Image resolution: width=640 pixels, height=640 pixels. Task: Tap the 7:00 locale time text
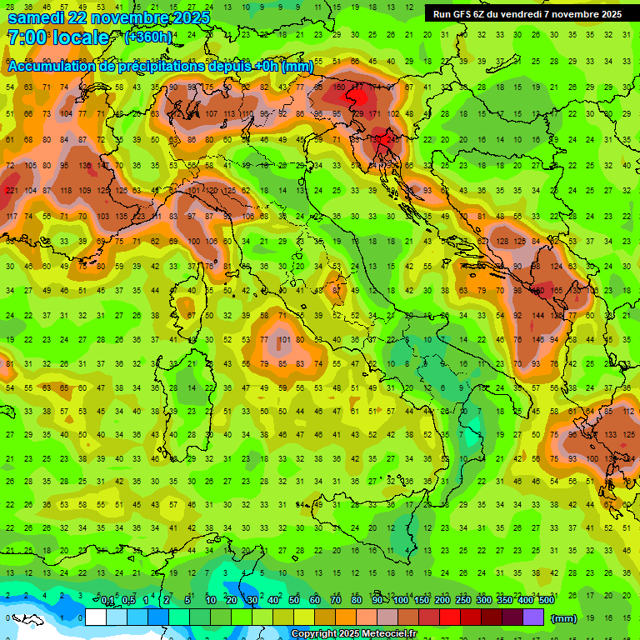57,37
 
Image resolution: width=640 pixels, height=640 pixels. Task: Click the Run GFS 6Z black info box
527,14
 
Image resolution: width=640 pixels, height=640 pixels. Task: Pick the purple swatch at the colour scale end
533,617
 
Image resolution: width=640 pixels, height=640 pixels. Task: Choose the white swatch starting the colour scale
95,617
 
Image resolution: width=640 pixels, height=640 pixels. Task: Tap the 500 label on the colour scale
547,601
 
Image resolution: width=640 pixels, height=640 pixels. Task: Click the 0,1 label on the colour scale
107,601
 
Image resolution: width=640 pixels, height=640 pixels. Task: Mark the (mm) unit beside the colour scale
564,618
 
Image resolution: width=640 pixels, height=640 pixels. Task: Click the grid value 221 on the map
11,191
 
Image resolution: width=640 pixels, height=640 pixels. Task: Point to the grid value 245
392,139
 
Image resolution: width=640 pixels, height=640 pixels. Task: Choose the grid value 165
557,291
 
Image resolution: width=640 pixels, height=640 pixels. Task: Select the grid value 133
610,434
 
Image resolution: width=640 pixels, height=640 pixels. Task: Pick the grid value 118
66,191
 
